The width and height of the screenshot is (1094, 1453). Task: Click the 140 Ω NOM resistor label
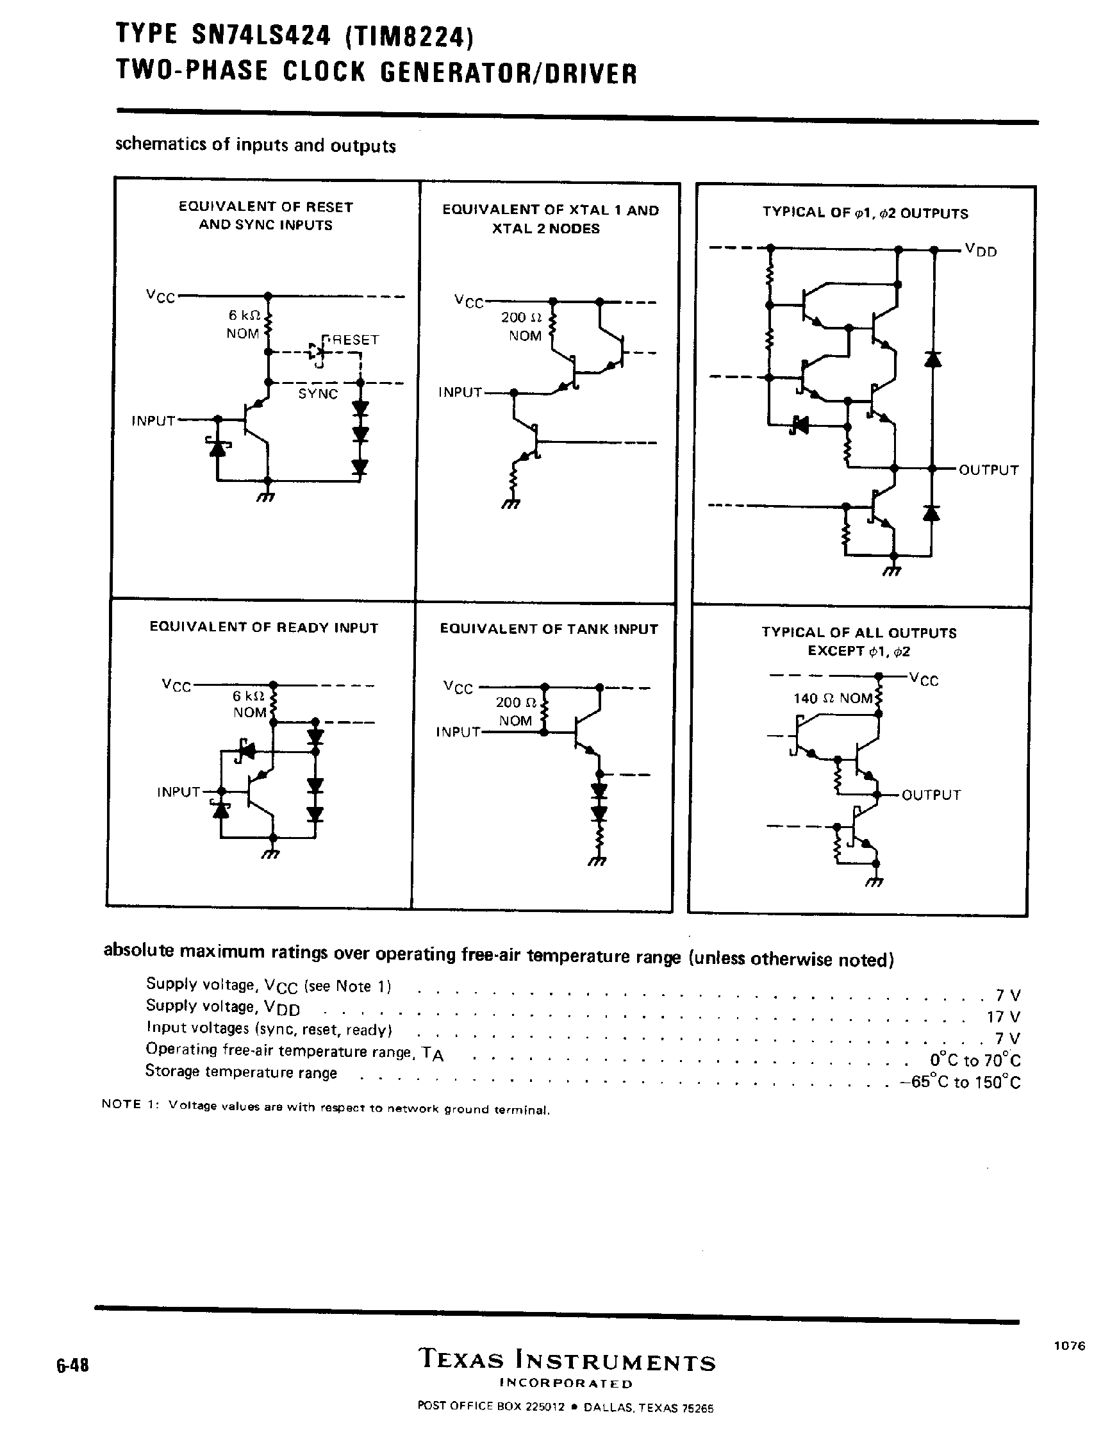point(832,698)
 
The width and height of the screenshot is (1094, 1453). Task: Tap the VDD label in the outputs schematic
point(981,250)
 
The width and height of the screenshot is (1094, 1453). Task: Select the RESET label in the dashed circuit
point(353,340)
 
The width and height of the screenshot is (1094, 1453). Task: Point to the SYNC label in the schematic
point(318,394)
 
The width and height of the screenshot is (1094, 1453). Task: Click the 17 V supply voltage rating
point(1004,1017)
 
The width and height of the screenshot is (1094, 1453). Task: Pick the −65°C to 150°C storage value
point(960,1082)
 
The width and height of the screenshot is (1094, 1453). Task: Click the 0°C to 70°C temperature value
point(975,1060)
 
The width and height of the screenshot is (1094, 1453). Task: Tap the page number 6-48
point(72,1365)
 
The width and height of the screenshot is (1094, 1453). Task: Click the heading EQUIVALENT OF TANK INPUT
point(549,629)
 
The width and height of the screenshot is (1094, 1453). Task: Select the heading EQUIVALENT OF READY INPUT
point(264,627)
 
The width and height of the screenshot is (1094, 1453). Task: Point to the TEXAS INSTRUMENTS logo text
point(566,1359)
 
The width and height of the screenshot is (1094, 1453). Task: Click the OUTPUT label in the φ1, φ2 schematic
point(988,470)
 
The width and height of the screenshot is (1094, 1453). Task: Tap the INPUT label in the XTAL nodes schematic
point(460,392)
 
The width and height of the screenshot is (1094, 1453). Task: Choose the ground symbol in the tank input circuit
point(597,862)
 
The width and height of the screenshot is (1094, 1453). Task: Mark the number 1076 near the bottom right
point(1070,1345)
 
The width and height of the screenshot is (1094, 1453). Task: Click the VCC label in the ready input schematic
point(177,685)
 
